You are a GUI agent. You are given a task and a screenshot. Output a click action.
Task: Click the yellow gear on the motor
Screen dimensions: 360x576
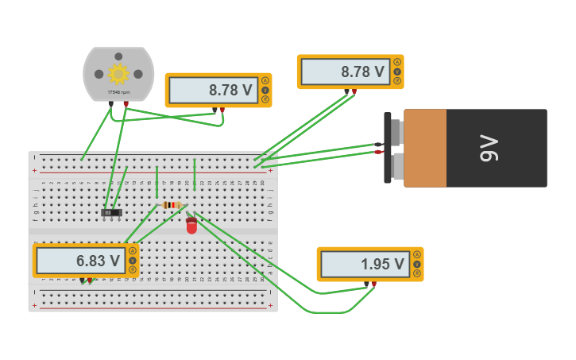click(x=118, y=74)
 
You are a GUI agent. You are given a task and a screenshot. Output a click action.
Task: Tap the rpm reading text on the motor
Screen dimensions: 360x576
click(x=118, y=92)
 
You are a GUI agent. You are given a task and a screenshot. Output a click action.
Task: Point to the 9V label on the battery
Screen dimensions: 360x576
click(x=489, y=148)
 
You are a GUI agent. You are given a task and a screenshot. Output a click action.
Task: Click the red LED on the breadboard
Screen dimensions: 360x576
click(x=191, y=226)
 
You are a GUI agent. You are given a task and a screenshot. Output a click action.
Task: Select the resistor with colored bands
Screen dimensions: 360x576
click(x=172, y=205)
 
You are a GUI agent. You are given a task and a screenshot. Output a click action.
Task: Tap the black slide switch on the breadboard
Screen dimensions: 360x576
click(x=112, y=212)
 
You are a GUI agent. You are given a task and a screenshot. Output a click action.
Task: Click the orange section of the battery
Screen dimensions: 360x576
click(x=424, y=148)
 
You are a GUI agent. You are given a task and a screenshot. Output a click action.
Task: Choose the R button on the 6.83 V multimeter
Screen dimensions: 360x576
click(x=132, y=270)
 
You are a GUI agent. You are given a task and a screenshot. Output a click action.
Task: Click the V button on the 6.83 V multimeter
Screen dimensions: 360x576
click(x=132, y=261)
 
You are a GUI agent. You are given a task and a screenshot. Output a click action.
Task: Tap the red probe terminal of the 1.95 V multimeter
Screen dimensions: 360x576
click(x=373, y=284)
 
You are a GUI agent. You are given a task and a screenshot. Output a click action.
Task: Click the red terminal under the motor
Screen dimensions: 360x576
click(x=126, y=103)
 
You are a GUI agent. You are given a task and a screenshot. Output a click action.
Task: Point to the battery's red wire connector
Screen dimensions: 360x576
click(x=378, y=152)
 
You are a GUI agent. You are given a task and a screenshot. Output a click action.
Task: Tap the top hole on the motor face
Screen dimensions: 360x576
click(x=118, y=56)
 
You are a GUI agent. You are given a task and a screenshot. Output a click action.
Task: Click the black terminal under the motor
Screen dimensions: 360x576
click(x=111, y=103)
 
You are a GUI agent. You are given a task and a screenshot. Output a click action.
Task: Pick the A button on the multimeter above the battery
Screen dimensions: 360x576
click(x=397, y=62)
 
